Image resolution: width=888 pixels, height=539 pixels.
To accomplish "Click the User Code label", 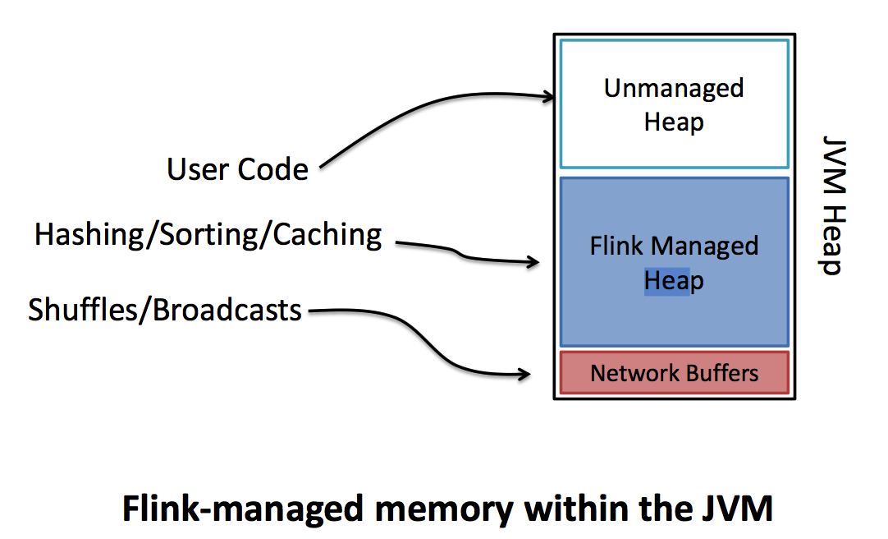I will (237, 170).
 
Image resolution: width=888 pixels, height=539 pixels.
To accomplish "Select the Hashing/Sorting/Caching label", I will (208, 236).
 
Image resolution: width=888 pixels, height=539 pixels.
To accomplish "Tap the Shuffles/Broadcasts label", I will (165, 311).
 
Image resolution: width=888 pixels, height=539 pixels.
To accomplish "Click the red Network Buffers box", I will (674, 374).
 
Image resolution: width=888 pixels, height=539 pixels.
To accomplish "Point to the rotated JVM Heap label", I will (832, 205).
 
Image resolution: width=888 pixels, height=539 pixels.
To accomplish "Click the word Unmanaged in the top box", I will (674, 89).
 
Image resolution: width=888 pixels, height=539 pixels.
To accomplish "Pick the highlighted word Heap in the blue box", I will (674, 281).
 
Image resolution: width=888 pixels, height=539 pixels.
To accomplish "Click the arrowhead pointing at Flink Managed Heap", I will (534, 263).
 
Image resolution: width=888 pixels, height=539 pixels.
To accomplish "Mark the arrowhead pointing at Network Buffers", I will (524, 375).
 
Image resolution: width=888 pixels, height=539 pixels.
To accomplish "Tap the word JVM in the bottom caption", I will (740, 509).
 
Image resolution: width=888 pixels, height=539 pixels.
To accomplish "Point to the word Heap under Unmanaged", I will (674, 122).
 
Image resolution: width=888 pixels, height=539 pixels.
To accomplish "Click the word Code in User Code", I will (272, 170).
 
